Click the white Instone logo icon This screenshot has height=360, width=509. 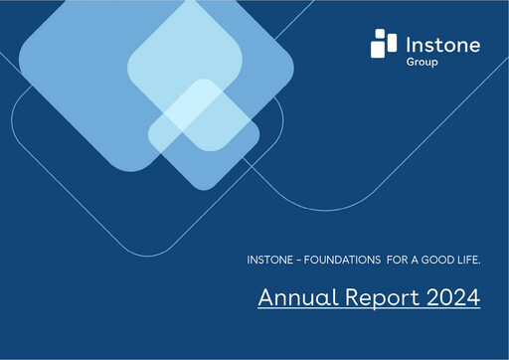pos(383,45)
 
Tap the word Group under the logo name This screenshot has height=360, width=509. pos(420,62)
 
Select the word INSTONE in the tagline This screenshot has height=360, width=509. pos(269,260)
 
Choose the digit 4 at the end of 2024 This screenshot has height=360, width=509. pos(473,297)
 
